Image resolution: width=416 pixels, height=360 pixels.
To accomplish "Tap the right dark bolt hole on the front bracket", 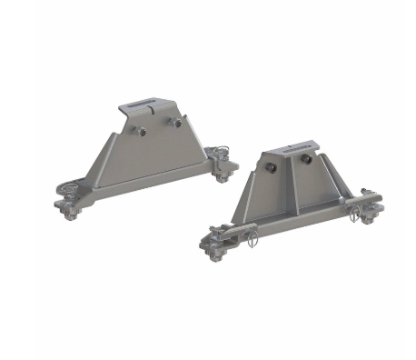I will [x=307, y=160].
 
